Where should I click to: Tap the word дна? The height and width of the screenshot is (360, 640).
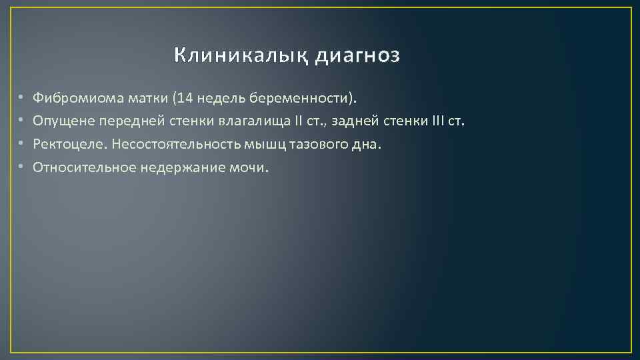(371, 144)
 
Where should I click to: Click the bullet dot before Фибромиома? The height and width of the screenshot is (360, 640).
(21, 99)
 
